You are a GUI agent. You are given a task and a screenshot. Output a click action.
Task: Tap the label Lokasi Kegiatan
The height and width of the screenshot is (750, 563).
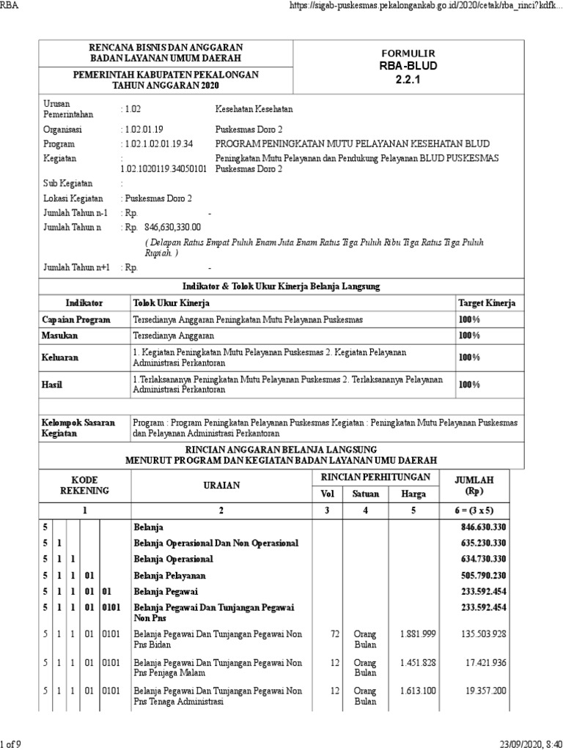[x=73, y=198]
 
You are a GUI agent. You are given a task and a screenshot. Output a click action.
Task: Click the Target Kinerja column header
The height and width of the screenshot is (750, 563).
[x=486, y=302]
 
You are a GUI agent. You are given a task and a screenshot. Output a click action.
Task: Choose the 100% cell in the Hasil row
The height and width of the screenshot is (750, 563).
[x=469, y=384]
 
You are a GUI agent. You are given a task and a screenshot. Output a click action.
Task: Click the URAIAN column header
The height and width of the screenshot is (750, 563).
[x=221, y=485]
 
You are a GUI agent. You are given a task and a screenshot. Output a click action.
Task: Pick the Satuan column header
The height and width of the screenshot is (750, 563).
[x=367, y=493]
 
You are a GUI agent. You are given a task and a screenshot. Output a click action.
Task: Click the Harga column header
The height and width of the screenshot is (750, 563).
[x=413, y=493]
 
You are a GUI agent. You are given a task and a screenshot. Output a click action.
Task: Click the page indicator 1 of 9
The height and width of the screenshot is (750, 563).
[x=12, y=744]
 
